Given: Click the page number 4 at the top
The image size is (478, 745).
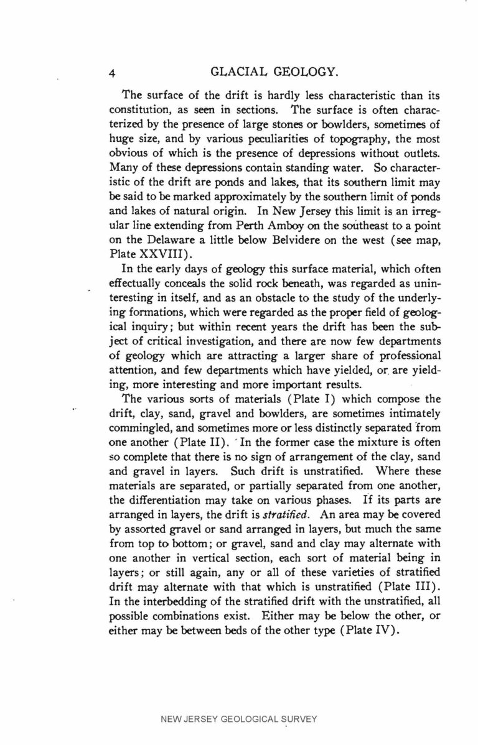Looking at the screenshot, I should point(113,73).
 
